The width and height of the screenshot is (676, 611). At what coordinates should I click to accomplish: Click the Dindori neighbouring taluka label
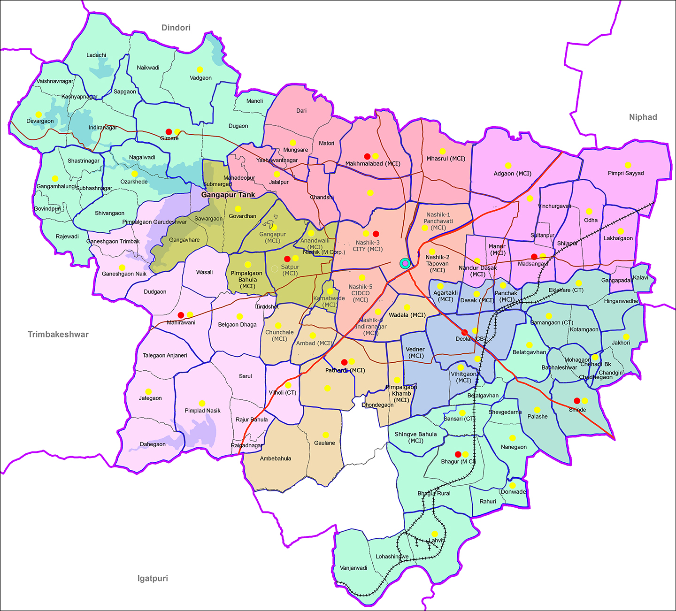coord(176,28)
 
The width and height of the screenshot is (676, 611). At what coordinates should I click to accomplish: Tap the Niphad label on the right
coord(643,117)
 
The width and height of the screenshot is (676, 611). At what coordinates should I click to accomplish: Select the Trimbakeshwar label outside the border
coord(58,335)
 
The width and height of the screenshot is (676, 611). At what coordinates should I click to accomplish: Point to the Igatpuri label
coord(153,579)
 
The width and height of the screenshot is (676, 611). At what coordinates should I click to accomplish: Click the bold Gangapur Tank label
coord(228,195)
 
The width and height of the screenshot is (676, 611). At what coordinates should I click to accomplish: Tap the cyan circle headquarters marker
coord(405,263)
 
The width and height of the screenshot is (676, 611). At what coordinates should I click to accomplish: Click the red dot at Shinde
coord(576,401)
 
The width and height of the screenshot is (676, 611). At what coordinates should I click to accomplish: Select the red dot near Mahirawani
coord(181,315)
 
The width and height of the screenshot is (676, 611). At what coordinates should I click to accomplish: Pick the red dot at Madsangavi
coord(534,257)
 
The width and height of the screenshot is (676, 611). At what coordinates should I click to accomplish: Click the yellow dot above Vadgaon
coord(200,69)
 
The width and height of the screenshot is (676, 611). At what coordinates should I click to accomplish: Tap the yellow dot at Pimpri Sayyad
coord(628,165)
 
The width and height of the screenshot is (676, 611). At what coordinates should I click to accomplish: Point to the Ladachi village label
coord(96,55)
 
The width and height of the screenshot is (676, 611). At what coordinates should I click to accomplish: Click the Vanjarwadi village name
coord(353,568)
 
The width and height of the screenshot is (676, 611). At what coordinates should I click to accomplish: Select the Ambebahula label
coord(276,458)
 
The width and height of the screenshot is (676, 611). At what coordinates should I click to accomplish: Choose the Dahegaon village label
coord(153,444)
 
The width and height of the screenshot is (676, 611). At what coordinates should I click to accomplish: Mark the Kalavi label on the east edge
coord(640,277)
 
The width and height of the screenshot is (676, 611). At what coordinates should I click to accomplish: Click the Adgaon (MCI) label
coord(513,174)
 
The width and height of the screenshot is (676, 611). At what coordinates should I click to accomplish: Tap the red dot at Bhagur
coord(458,454)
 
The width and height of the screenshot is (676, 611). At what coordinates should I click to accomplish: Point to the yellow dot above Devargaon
coord(38,115)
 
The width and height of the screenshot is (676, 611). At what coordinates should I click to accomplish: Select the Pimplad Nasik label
coord(202,411)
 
